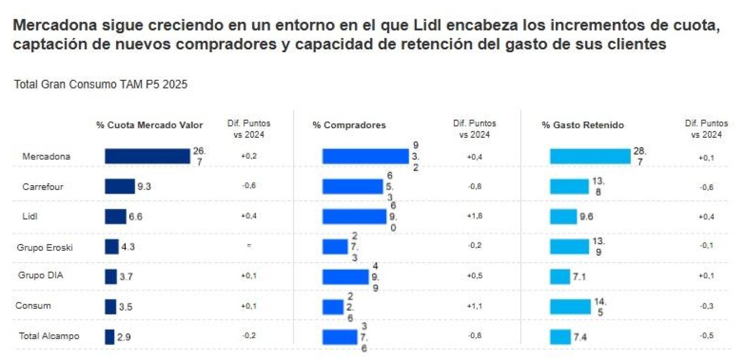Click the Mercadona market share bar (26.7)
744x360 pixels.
tap(147, 156)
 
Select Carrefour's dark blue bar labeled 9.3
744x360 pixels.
tap(119, 186)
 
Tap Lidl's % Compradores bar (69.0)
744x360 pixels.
tap(354, 216)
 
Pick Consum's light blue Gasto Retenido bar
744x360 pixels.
tap(570, 306)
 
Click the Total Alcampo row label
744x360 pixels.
tap(49, 336)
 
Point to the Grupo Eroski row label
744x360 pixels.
tap(44, 247)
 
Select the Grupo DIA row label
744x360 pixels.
tap(41, 275)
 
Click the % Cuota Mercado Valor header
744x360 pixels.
tap(150, 125)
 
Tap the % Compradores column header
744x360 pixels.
tap(349, 125)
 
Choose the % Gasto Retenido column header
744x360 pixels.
tap(583, 125)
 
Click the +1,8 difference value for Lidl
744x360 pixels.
tap(474, 216)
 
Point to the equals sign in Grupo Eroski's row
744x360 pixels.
tap(249, 245)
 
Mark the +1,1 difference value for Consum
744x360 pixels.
tap(474, 306)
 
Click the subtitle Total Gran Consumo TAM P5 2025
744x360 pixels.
tap(101, 84)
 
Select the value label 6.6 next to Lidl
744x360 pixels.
tap(135, 217)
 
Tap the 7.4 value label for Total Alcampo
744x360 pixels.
tap(580, 337)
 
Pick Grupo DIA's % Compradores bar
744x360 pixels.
tap(345, 276)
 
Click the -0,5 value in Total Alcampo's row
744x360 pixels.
tap(706, 336)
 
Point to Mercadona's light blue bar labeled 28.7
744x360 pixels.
tap(590, 156)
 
